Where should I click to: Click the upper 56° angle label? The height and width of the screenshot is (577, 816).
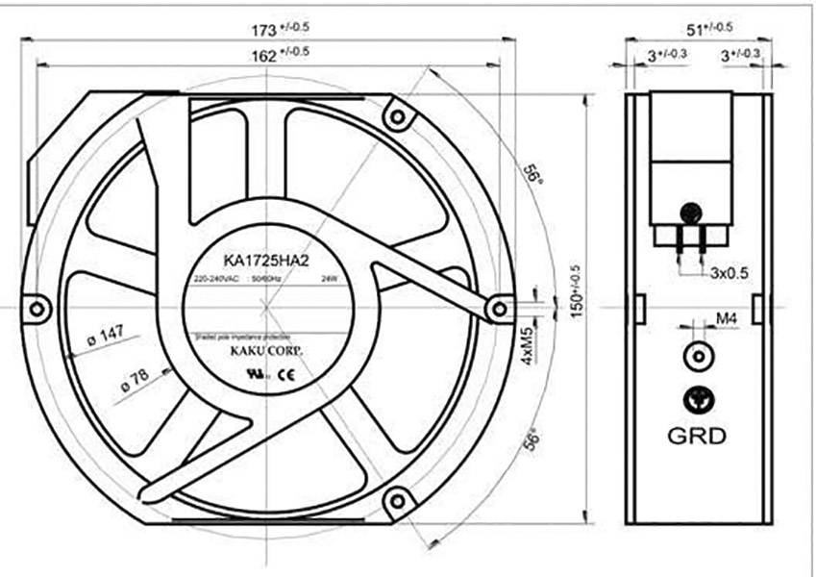coord(531,174)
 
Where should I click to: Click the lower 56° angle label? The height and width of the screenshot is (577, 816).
coord(532,439)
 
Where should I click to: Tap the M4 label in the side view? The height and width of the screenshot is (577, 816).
coord(727,318)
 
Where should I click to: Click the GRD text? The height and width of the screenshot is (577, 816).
coord(697,435)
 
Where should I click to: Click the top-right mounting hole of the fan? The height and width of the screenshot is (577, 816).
coord(394,116)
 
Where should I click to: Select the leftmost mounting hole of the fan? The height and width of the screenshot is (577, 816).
coord(37,310)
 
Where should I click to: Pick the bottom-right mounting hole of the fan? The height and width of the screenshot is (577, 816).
coord(394,500)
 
